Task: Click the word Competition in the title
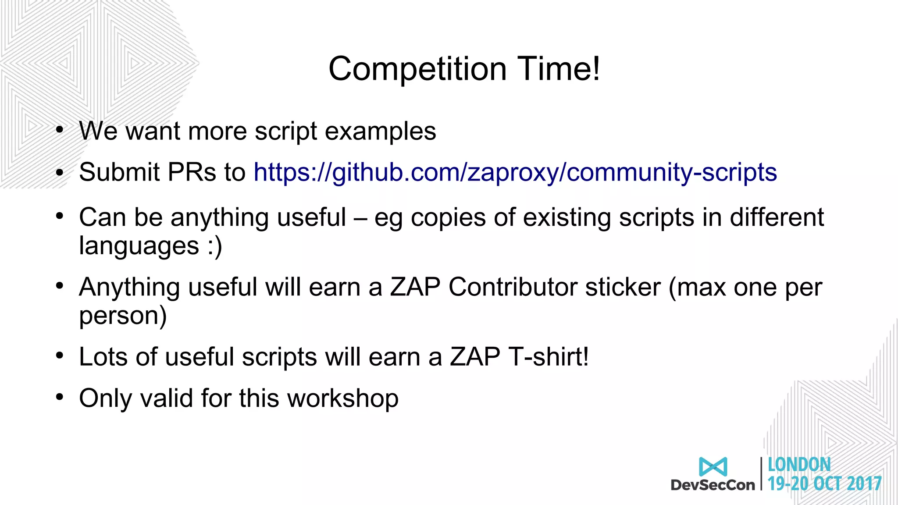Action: tap(417, 69)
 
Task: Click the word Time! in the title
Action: tap(559, 69)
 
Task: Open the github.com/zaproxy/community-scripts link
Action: tap(515, 172)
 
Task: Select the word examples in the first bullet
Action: tap(381, 131)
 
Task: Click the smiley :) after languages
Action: tap(214, 246)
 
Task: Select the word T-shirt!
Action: tap(548, 357)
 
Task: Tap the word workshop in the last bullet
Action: tap(342, 398)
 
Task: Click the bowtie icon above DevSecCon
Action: tap(713, 466)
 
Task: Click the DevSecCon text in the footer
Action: tap(713, 485)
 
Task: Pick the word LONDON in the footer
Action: tap(799, 465)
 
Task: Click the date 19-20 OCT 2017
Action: tap(824, 484)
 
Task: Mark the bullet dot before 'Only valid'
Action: tap(60, 397)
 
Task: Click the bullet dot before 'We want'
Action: tap(60, 130)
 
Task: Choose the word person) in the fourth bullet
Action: tap(123, 316)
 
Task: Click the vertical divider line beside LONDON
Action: tap(762, 473)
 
